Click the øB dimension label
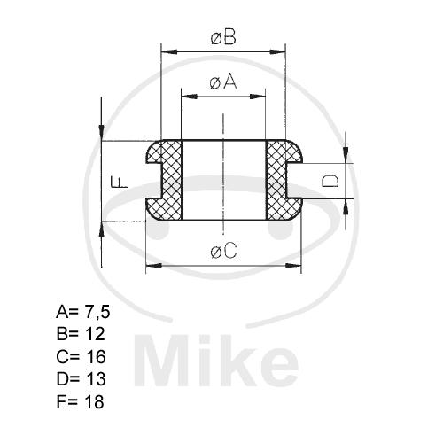click(223, 38)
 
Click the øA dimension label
click(223, 82)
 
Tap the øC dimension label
click(224, 252)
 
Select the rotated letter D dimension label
click(330, 181)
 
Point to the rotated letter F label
click(119, 182)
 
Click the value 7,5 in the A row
click(97, 312)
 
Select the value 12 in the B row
click(96, 334)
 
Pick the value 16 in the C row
click(96, 356)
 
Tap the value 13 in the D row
click(96, 379)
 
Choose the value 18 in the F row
click(95, 401)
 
